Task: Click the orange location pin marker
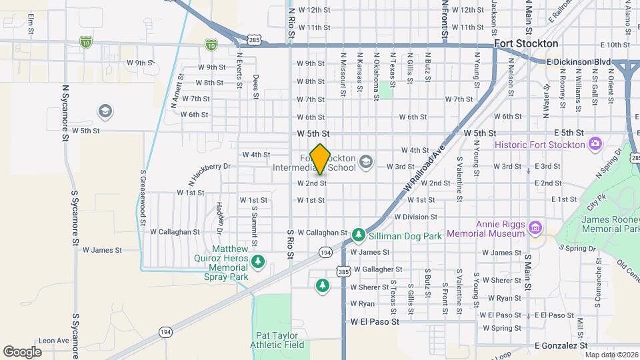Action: [x=321, y=159]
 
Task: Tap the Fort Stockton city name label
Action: [x=526, y=43]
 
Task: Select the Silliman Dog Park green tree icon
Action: [x=359, y=235]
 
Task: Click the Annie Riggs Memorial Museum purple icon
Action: [x=534, y=229]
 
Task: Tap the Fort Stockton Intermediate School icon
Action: [x=365, y=161]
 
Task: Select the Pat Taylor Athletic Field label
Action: [x=277, y=340]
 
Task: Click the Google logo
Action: [x=22, y=351]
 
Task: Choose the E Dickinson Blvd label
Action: [x=578, y=61]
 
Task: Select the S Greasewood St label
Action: [x=143, y=198]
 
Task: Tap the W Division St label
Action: [x=415, y=217]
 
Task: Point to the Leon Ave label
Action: [x=53, y=340]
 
